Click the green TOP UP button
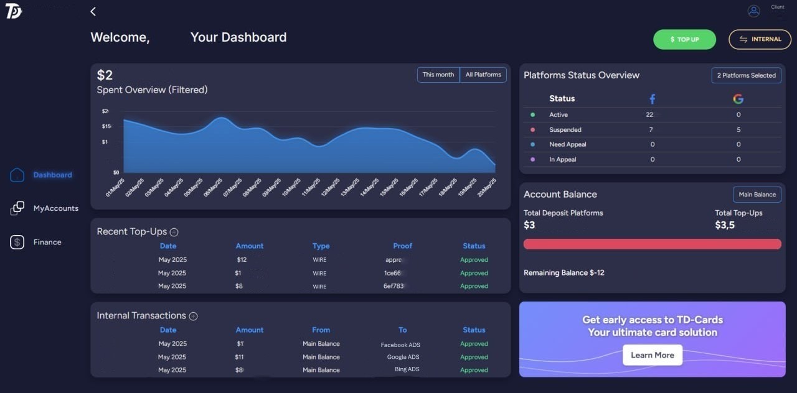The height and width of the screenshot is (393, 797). [684, 39]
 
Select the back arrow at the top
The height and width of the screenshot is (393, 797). [93, 12]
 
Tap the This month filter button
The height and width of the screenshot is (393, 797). [438, 75]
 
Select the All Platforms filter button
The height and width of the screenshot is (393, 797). [483, 75]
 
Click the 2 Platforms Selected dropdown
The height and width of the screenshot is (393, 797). [746, 75]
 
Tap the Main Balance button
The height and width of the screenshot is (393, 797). [757, 195]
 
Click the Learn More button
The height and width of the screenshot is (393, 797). [652, 355]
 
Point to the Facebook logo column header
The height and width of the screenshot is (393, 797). [652, 99]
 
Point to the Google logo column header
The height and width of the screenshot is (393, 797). [738, 99]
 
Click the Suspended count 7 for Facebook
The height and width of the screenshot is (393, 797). [651, 130]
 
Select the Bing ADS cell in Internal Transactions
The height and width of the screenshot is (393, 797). [407, 369]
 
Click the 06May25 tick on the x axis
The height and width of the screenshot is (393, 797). [214, 187]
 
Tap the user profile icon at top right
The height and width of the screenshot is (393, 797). [753, 11]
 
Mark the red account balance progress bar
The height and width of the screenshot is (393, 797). [652, 244]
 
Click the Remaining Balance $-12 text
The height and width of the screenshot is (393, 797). [564, 273]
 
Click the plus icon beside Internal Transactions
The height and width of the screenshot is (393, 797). [193, 316]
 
